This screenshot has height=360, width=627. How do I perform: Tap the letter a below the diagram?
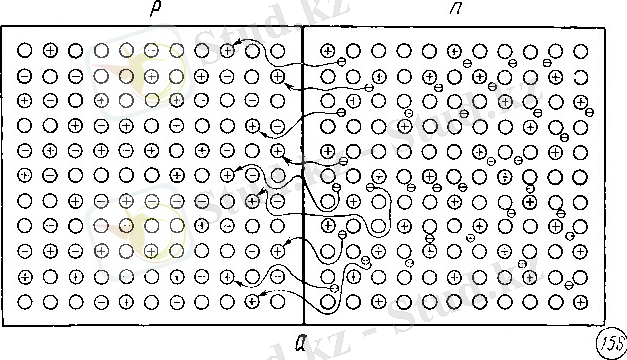click(x=302, y=340)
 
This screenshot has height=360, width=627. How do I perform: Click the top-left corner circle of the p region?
click(x=25, y=50)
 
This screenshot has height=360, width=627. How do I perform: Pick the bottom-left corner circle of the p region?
click(x=25, y=300)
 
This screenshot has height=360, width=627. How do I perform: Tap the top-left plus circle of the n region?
click(x=329, y=50)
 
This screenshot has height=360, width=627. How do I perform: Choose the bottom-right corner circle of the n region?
click(x=581, y=300)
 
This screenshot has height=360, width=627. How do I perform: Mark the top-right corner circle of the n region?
click(x=581, y=50)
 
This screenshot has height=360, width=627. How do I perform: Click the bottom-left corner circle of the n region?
click(x=329, y=300)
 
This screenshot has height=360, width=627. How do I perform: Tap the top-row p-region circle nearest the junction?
click(x=277, y=50)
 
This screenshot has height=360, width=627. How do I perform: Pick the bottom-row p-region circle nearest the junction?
click(x=277, y=300)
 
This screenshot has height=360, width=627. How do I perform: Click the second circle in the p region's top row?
click(x=50, y=50)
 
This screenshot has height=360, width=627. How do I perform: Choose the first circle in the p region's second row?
click(x=25, y=75)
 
